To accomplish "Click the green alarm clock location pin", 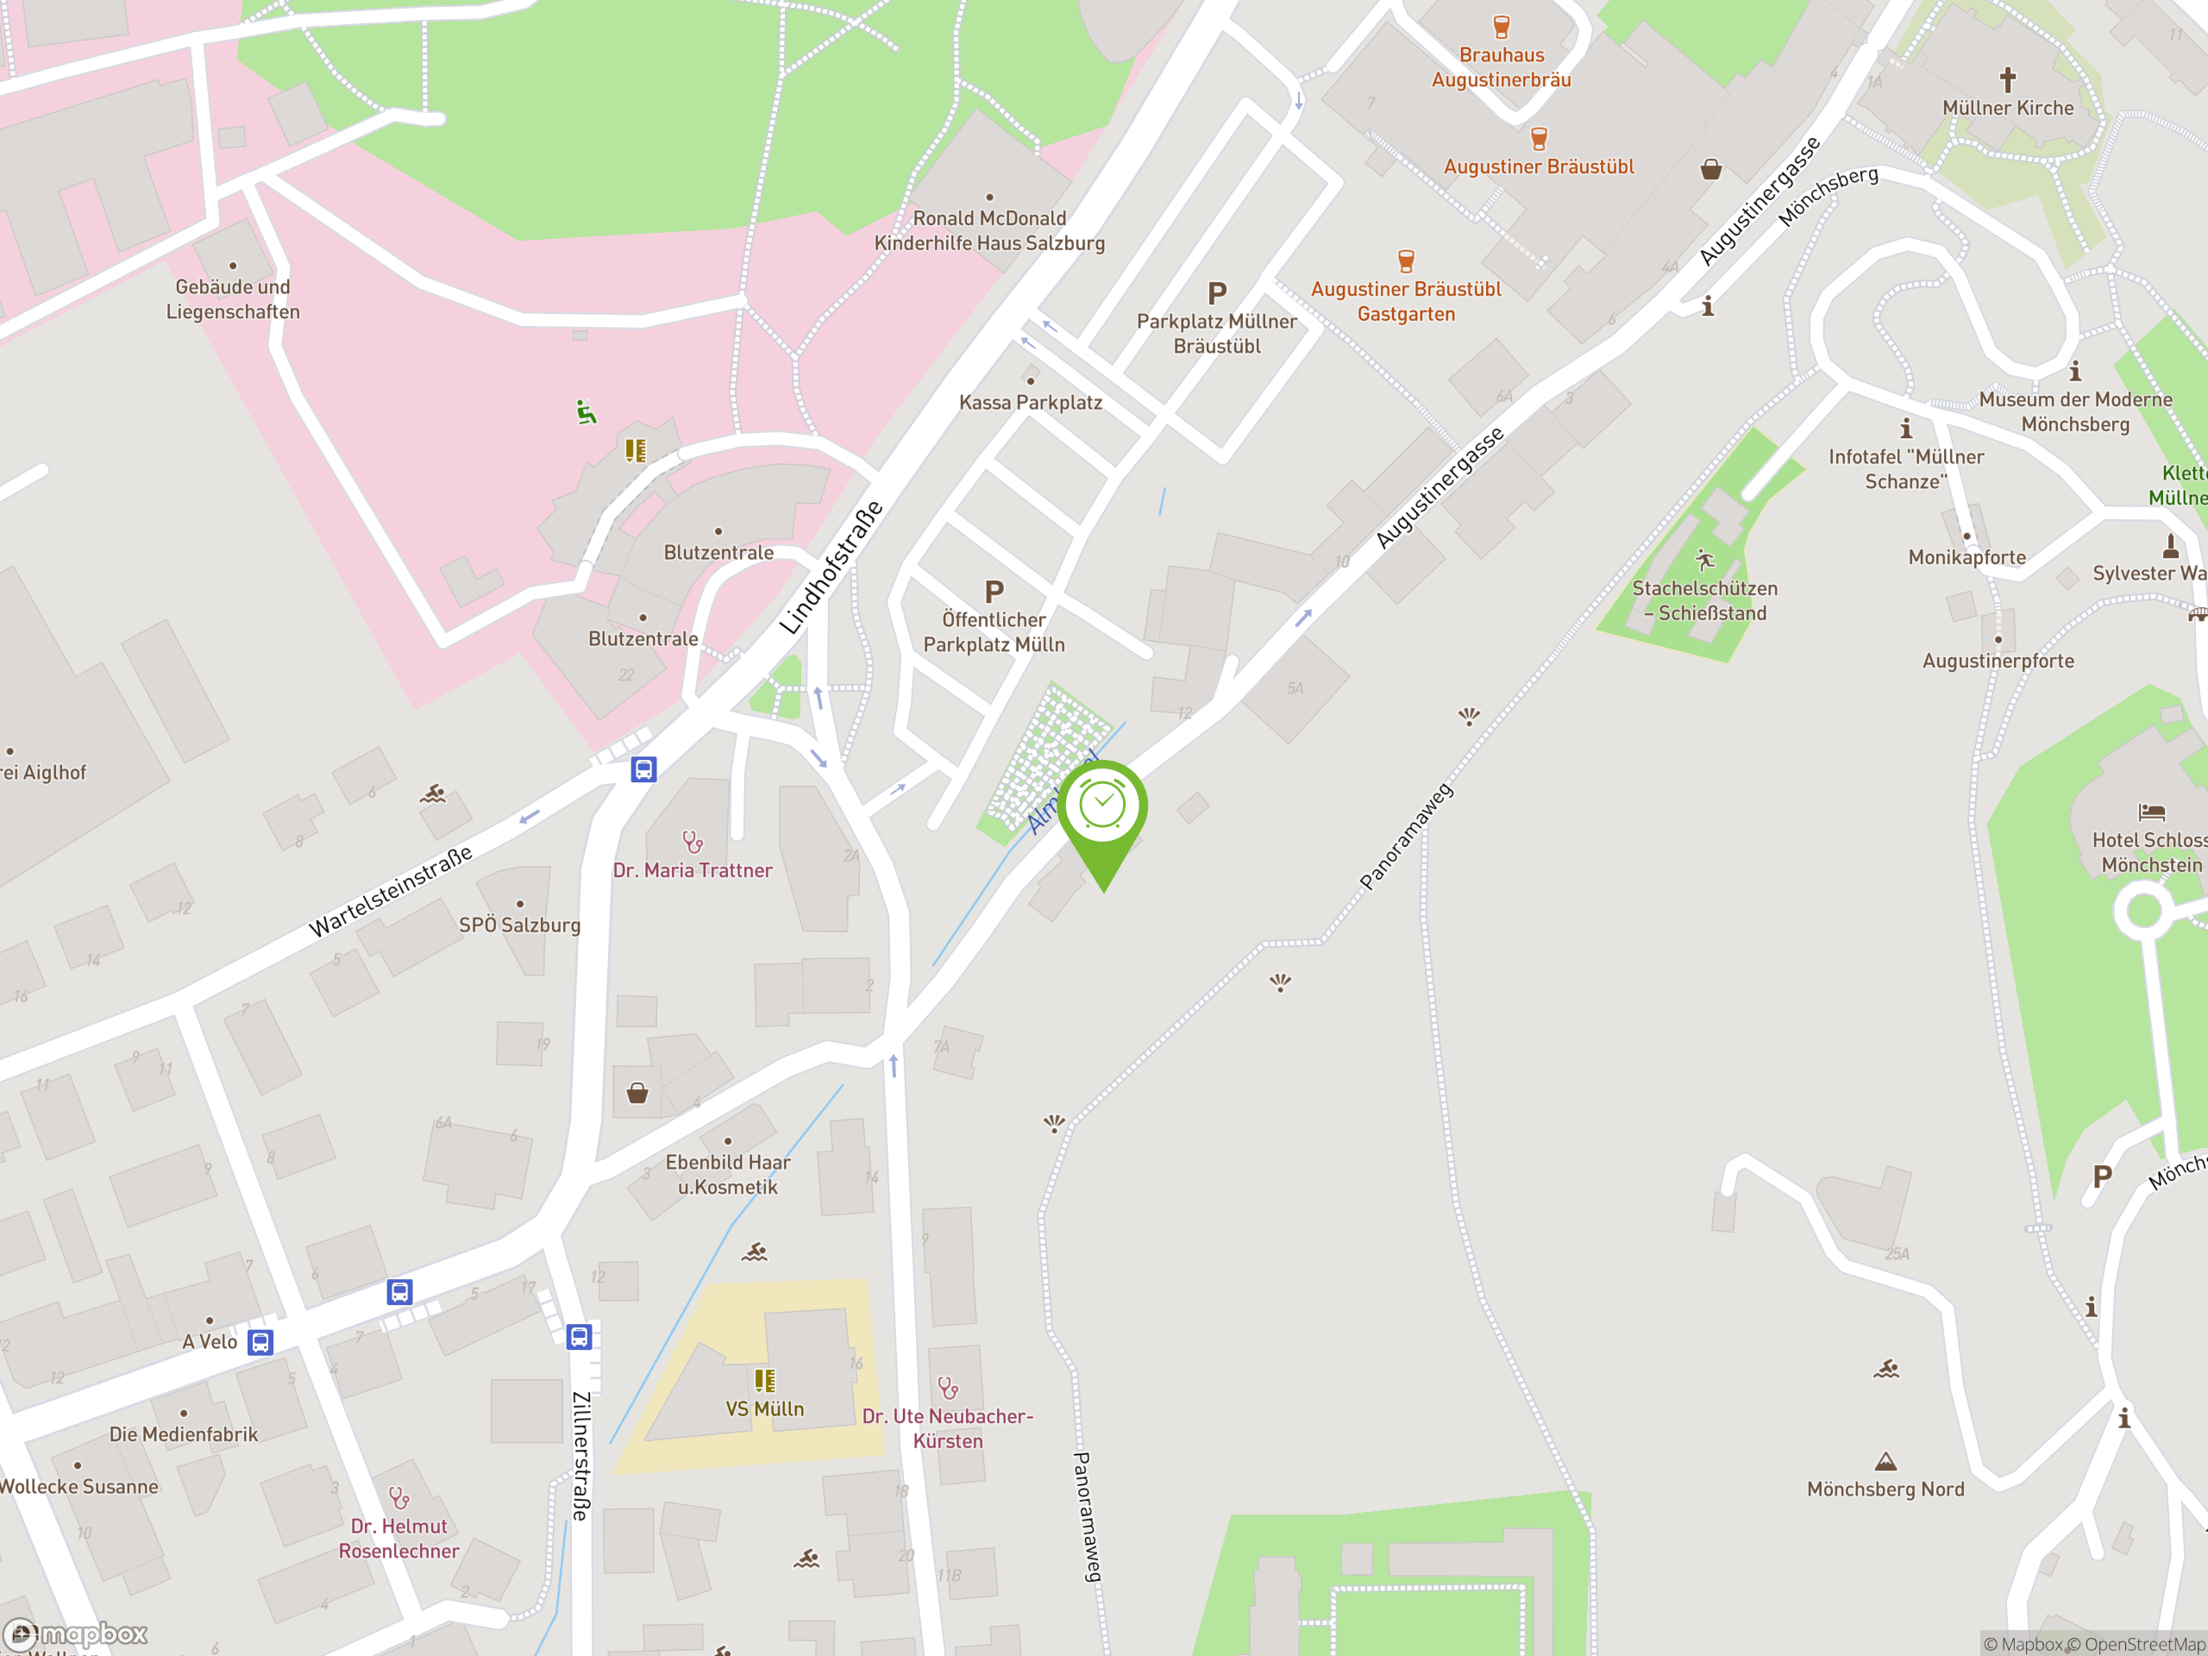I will [x=1103, y=807].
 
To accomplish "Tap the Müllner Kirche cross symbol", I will [x=2007, y=78].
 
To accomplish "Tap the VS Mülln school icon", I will [x=765, y=1381].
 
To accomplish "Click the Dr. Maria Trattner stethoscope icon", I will [x=692, y=842].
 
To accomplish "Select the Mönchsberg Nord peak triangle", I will [x=1885, y=1462].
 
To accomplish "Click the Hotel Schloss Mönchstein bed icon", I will [x=2151, y=812].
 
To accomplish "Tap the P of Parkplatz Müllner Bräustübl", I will [x=1217, y=293].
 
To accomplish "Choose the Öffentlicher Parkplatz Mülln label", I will [x=994, y=632].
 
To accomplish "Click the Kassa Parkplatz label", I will [x=1030, y=402].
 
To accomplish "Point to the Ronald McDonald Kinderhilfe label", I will [x=989, y=230].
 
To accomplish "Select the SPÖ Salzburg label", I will [x=519, y=925].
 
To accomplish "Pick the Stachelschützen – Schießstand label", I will [x=1705, y=600].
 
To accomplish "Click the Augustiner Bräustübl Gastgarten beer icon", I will [x=1406, y=261].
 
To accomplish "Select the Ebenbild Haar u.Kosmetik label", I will [x=728, y=1174].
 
